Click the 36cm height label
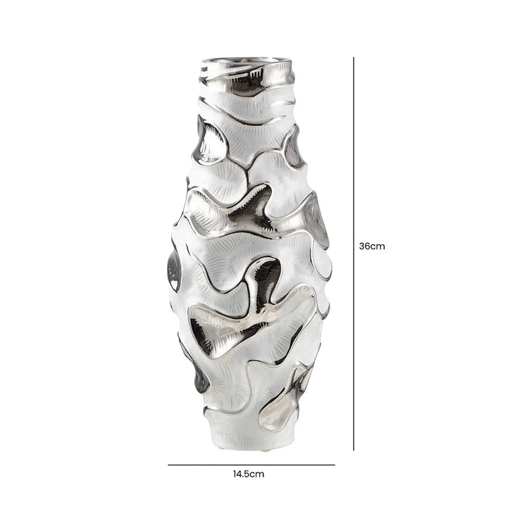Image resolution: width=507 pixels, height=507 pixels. pyautogui.click(x=372, y=247)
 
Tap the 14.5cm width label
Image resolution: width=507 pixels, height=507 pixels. pyautogui.click(x=250, y=474)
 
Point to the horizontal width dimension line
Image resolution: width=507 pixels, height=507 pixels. pyautogui.click(x=251, y=465)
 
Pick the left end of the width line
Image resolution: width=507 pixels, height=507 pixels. pyautogui.click(x=168, y=465)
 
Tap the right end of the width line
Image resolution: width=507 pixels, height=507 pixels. pyautogui.click(x=334, y=465)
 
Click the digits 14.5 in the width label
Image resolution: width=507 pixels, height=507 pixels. pyautogui.click(x=244, y=474)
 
